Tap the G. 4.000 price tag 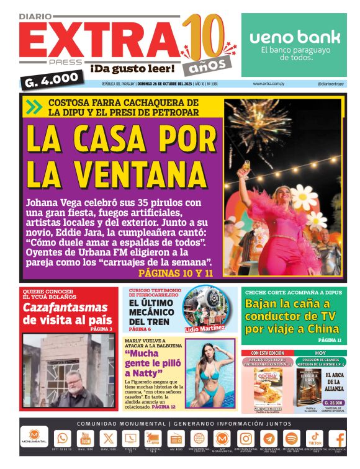(x=53, y=79)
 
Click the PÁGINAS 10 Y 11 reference (x=176, y=273)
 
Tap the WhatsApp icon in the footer (x=63, y=438)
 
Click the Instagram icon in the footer (x=245, y=438)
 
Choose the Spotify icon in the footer (x=291, y=438)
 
